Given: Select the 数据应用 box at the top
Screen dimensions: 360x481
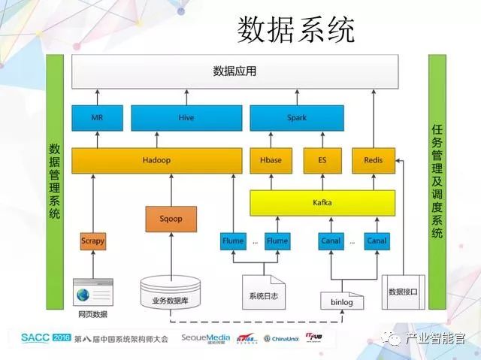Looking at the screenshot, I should tap(234, 71).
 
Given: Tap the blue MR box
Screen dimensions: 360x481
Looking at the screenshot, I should tap(97, 118).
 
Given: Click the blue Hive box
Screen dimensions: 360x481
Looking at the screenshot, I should tap(186, 118).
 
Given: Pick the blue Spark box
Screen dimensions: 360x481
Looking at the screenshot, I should tap(297, 118).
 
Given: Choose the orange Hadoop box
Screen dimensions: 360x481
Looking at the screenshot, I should tap(156, 160).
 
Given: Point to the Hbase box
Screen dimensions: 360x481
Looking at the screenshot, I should tap(271, 160).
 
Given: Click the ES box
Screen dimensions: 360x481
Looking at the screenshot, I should tap(322, 160).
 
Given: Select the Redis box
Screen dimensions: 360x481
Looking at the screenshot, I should tap(373, 160).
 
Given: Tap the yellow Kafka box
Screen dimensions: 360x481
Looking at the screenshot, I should tap(322, 202).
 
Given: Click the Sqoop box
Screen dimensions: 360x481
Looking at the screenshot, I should tap(171, 219).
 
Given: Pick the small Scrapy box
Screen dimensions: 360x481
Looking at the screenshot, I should tap(93, 241).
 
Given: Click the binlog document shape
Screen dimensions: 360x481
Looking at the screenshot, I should tap(342, 301).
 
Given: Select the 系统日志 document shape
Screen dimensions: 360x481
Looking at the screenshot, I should tap(263, 292).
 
